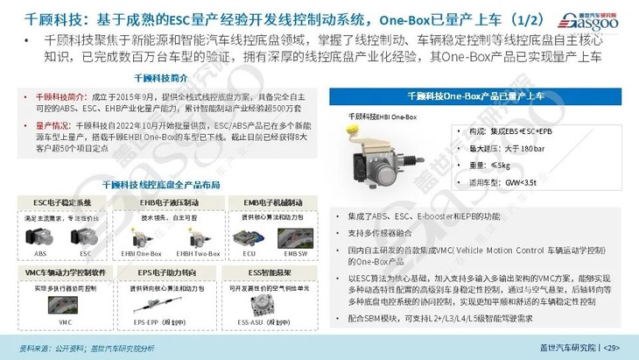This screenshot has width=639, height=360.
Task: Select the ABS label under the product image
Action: click(40, 252)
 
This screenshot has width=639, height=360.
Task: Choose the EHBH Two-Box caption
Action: click(180, 252)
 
